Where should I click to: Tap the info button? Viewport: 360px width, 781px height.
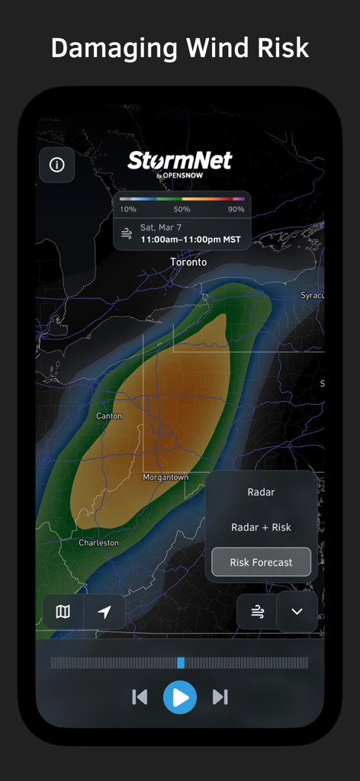click(x=56, y=165)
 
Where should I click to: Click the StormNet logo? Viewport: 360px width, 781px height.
click(x=180, y=162)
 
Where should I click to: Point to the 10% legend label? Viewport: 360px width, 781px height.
click(x=128, y=209)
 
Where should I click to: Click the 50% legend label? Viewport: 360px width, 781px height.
click(x=182, y=209)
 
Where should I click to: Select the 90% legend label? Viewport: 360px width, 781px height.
click(x=236, y=209)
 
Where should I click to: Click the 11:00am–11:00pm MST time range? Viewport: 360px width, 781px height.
click(x=191, y=239)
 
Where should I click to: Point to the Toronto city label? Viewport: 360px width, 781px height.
click(x=188, y=262)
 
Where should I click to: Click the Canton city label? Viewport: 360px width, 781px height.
click(x=108, y=416)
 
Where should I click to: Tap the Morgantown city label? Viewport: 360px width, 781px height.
click(x=166, y=477)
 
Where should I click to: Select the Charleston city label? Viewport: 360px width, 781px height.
click(x=99, y=543)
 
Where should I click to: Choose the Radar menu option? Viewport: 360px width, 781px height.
click(x=261, y=493)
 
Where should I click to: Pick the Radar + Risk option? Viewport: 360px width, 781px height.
click(x=261, y=527)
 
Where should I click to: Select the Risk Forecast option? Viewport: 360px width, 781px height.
click(x=261, y=562)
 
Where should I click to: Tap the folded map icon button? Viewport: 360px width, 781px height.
click(x=63, y=612)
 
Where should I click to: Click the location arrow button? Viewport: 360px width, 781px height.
click(x=104, y=612)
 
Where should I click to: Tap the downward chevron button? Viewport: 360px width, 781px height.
click(x=297, y=612)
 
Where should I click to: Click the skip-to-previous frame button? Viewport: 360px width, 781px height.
click(x=140, y=696)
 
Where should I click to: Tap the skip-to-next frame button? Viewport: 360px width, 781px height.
click(x=220, y=696)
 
